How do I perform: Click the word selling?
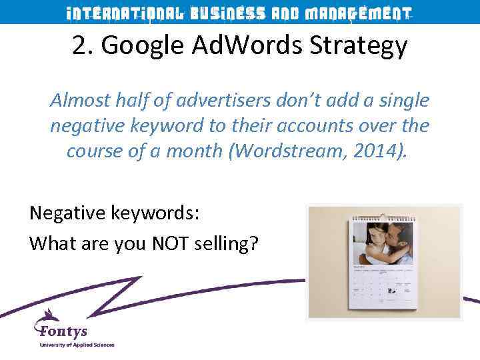coord(227,244)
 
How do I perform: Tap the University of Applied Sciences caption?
coord(77,345)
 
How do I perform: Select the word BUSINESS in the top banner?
coord(227,13)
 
